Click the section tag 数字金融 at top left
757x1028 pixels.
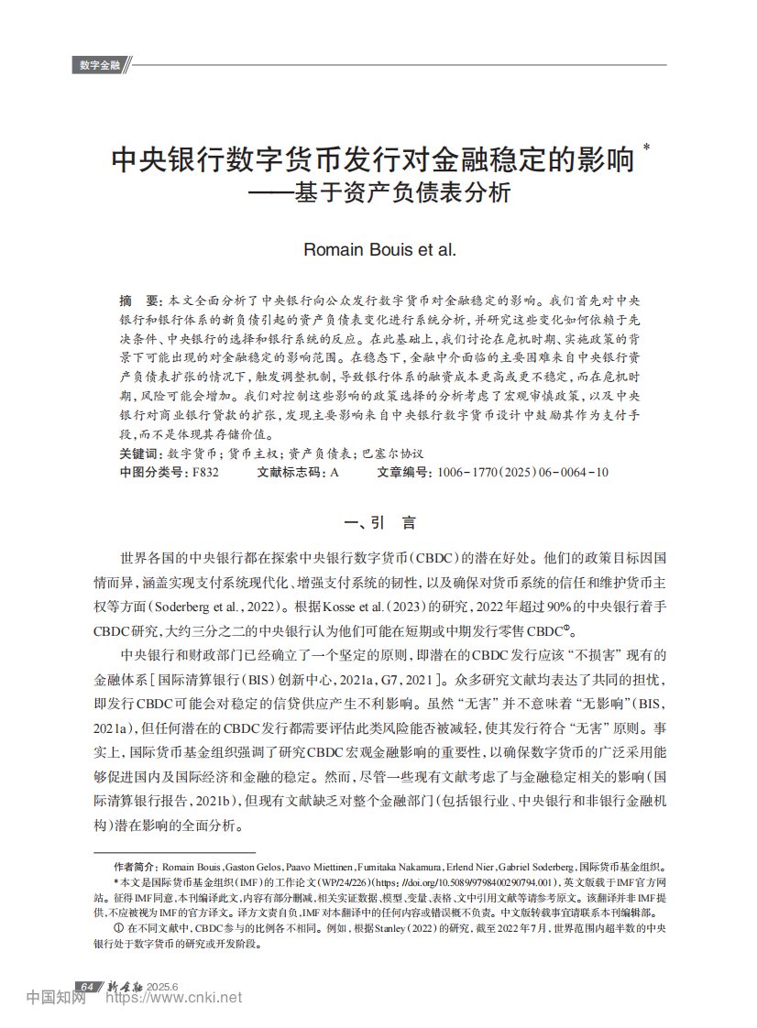pos(100,65)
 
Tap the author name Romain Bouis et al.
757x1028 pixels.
pos(378,249)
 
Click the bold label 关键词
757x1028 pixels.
pos(140,454)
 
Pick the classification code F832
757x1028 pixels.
pos(203,473)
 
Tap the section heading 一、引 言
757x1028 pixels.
pos(378,523)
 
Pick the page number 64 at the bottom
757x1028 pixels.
pos(86,987)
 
